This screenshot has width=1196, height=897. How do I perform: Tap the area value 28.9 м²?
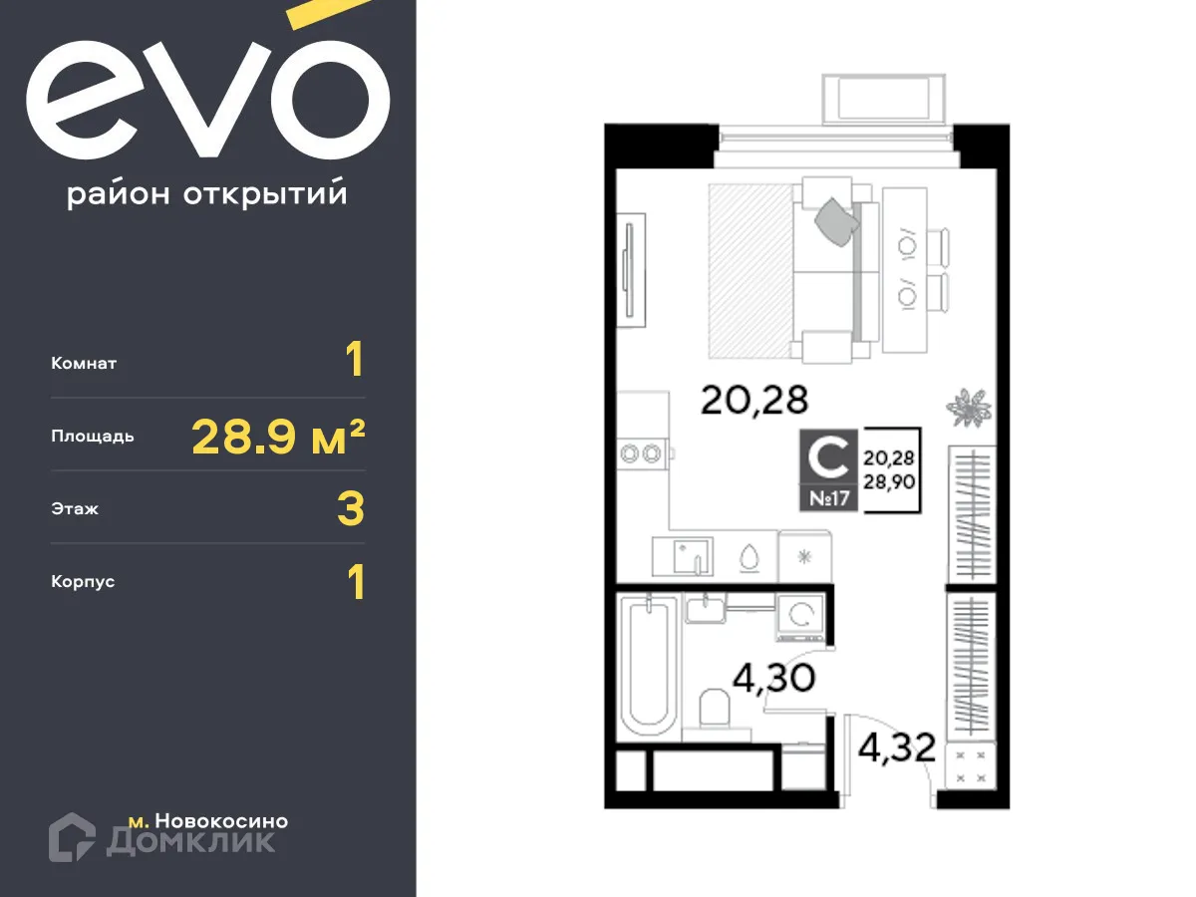tap(278, 437)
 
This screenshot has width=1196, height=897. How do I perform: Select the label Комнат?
tap(84, 364)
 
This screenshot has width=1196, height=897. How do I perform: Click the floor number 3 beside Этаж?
tap(352, 509)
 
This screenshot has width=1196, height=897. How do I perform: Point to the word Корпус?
tap(83, 581)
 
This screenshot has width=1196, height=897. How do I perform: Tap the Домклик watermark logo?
tap(162, 838)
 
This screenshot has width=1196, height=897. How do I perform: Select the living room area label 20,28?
tap(754, 400)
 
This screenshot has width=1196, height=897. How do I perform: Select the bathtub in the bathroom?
tap(647, 663)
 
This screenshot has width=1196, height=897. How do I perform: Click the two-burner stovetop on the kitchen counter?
tap(641, 454)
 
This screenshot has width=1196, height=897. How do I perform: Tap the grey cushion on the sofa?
tap(836, 220)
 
